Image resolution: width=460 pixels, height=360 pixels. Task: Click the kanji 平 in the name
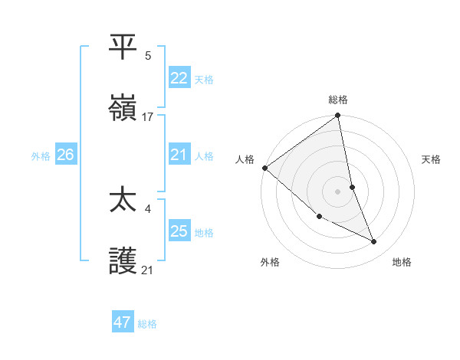(123, 47)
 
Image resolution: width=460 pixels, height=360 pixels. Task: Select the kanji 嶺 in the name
(123, 109)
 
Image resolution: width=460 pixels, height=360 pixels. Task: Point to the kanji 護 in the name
(123, 261)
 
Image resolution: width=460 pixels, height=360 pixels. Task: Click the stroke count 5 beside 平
(147, 55)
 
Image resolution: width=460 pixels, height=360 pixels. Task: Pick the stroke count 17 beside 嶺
(148, 117)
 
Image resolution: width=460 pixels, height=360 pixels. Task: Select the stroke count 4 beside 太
(147, 208)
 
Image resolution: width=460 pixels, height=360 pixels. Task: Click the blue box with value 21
(179, 155)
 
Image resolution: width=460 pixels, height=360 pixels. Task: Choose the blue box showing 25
(179, 231)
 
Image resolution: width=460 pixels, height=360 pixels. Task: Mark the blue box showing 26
(65, 155)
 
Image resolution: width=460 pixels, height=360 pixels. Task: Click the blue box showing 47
(122, 322)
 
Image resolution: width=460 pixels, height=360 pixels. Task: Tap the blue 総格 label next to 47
(147, 324)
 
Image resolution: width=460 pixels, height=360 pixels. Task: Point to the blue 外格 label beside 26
(41, 156)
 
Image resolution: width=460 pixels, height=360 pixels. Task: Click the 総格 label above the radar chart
(338, 100)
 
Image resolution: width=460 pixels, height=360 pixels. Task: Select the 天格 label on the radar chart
(432, 159)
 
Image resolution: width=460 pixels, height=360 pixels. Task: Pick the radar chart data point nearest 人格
(264, 168)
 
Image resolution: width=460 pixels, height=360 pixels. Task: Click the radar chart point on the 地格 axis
(374, 242)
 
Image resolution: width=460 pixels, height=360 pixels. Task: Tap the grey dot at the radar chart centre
(338, 191)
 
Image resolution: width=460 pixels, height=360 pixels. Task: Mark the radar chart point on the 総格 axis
(338, 116)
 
